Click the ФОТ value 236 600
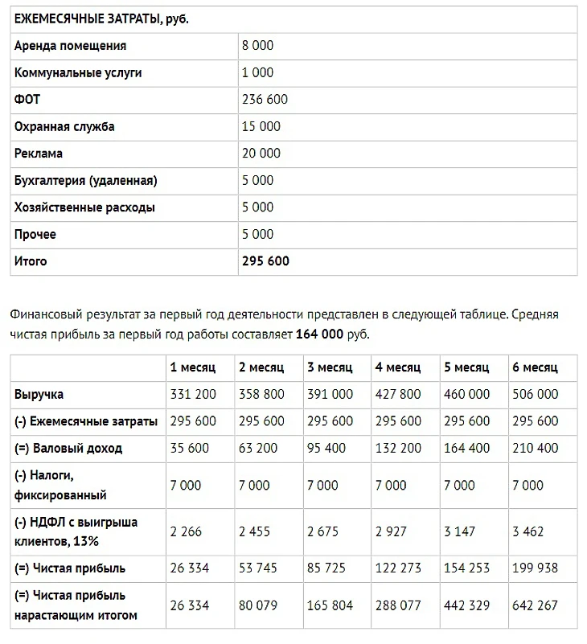(265, 100)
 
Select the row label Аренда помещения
(70, 46)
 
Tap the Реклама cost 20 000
(261, 154)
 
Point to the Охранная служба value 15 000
(261, 126)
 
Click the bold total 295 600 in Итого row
(265, 261)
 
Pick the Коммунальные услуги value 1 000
(257, 72)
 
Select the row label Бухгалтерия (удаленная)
(86, 180)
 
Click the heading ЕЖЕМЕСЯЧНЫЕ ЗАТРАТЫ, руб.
(101, 18)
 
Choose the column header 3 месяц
(330, 367)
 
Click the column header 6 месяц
(535, 367)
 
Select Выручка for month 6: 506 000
(535, 395)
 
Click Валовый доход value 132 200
(398, 448)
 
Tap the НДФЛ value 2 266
(187, 531)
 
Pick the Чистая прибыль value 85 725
(330, 568)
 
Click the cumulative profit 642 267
(535, 605)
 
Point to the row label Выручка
(39, 395)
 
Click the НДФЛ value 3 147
(460, 531)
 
